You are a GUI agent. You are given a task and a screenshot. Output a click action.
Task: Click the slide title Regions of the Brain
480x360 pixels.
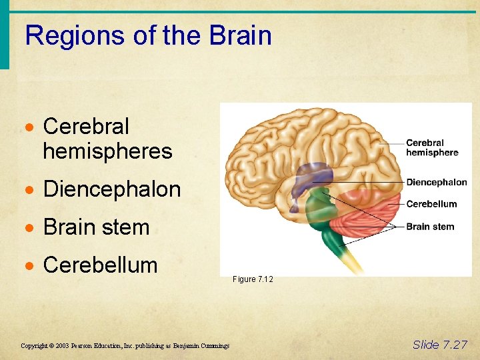pos(148,35)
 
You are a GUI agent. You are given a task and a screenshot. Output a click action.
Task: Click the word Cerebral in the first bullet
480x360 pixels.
pos(86,126)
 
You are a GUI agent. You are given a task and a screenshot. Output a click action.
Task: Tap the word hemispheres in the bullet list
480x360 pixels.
pos(107,151)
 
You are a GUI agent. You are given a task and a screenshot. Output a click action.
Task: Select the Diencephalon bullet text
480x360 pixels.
pos(112,189)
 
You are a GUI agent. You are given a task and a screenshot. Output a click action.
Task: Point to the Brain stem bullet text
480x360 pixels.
pos(96,227)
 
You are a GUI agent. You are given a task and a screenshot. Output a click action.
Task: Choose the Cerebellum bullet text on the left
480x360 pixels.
pos(100,265)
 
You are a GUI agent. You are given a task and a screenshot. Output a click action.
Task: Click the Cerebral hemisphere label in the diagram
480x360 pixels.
pos(432,147)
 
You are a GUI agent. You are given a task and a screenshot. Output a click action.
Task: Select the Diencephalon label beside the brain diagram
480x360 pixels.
pos(437,182)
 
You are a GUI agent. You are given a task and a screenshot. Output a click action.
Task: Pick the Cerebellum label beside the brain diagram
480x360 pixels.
pos(431,204)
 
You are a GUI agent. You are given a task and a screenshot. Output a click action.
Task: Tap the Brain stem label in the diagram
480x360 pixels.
pos(430,227)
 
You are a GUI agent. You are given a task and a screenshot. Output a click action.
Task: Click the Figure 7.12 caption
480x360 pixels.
pos(253,279)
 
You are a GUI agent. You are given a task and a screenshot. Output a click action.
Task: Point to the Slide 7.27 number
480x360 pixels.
pos(440,345)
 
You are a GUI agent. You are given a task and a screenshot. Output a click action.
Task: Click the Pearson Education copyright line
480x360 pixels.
pos(125,345)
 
